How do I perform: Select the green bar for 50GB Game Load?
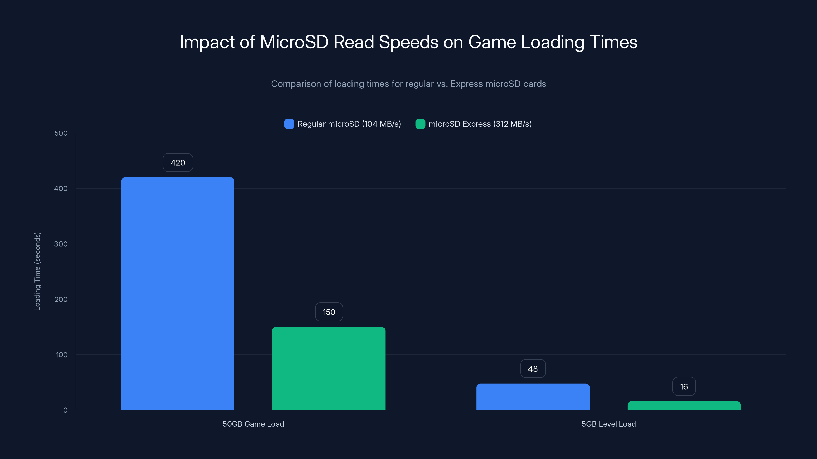329,368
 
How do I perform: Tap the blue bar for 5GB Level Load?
533,396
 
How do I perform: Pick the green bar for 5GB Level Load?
684,405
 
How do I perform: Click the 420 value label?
178,162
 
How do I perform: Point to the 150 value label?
329,312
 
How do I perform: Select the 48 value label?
533,368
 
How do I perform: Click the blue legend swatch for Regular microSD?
289,124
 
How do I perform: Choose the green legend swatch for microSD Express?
420,124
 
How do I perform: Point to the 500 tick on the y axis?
61,133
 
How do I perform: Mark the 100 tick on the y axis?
62,355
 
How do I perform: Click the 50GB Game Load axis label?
253,424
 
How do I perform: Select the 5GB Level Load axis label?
608,424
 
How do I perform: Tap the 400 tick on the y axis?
61,188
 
